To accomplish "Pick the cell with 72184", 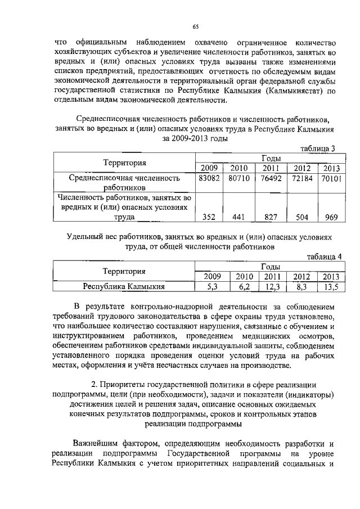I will point(302,178).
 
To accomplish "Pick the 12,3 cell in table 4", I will point(272,287).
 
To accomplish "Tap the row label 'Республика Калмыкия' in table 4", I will point(124,287).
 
